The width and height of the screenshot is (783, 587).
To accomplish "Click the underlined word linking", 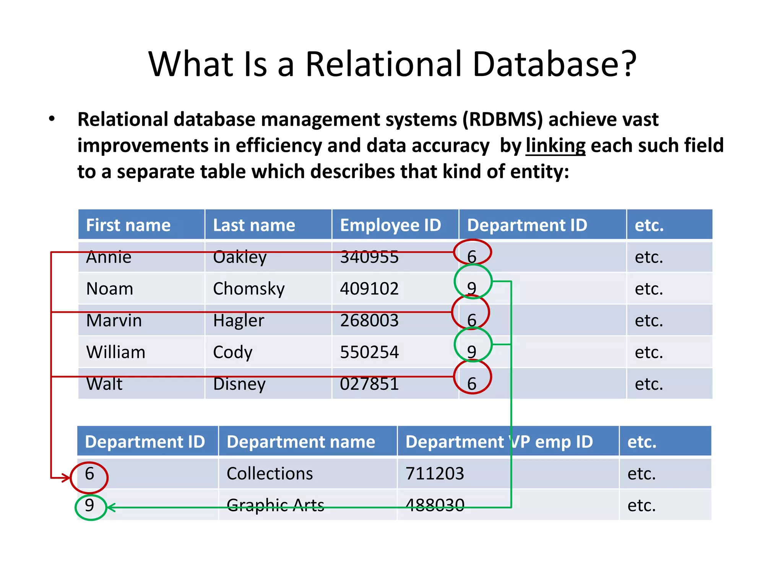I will pos(555,146).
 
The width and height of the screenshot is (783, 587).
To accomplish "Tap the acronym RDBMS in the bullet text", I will pos(502,119).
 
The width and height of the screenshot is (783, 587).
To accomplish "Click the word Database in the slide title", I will pos(554,64).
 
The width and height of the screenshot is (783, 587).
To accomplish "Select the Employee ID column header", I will pos(390,225).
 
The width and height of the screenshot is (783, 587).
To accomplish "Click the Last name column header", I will pos(254,225).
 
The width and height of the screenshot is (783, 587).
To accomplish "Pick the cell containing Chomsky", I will pos(249,289).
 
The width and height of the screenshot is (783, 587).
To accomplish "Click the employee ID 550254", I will pos(369,352).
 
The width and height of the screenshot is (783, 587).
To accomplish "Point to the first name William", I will pos(116,352).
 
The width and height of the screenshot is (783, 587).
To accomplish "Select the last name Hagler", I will pos(239,320).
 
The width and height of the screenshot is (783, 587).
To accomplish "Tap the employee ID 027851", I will pos(369,384).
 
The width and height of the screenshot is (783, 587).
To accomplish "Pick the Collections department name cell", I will pos(270,473).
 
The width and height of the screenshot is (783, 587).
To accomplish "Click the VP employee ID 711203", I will pos(435,473).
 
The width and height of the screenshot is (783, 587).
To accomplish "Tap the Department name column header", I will pos(301,442).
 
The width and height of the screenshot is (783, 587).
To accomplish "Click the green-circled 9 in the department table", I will pos(90,506).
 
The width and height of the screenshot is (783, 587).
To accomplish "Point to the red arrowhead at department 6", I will pos(67,477).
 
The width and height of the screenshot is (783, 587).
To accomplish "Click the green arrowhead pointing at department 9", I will pos(111,508).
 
